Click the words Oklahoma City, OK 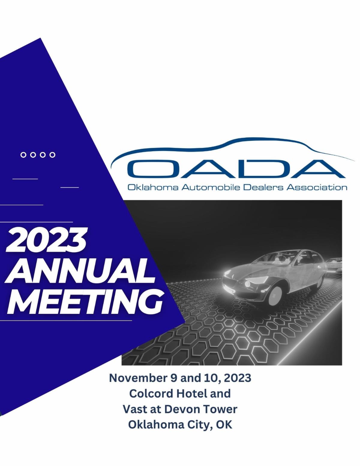[x=180, y=425]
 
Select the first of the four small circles [x=23, y=155]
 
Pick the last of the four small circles [x=52, y=155]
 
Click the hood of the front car [x=243, y=272]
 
